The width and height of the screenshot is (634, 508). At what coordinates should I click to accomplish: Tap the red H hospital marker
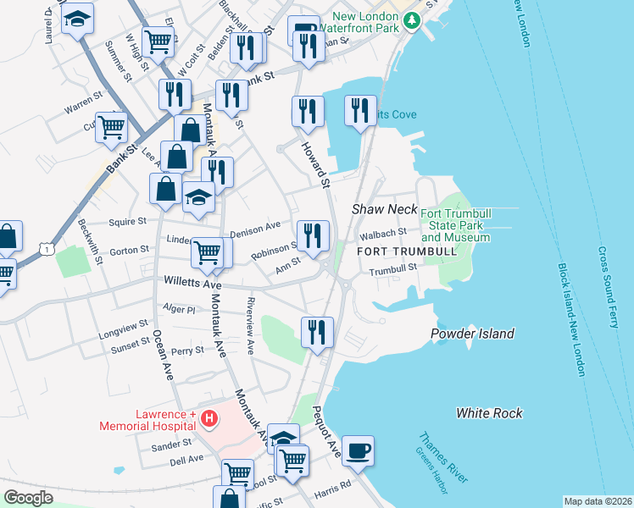point(209,418)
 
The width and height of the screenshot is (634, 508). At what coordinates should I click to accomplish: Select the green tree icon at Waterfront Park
point(412,19)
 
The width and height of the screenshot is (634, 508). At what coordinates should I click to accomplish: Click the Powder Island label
point(472,334)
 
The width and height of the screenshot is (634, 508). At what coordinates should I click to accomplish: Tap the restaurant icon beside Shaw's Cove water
point(360,111)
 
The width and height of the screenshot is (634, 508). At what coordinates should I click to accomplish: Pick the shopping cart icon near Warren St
point(111,128)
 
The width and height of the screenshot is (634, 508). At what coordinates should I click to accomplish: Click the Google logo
point(28,498)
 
